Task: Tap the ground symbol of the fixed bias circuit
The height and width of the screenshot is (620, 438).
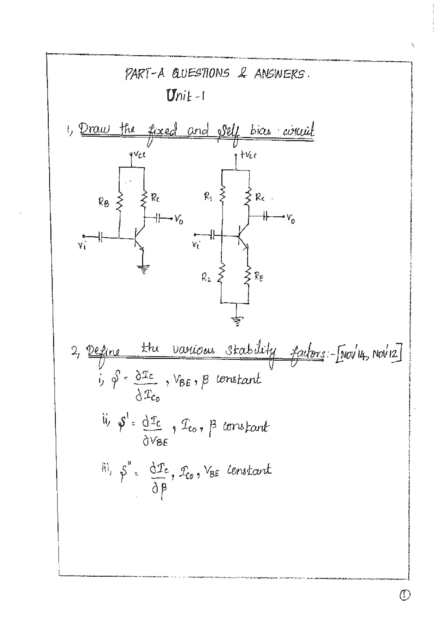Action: tap(143, 269)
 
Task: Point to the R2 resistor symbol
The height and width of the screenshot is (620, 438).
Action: tap(221, 274)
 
